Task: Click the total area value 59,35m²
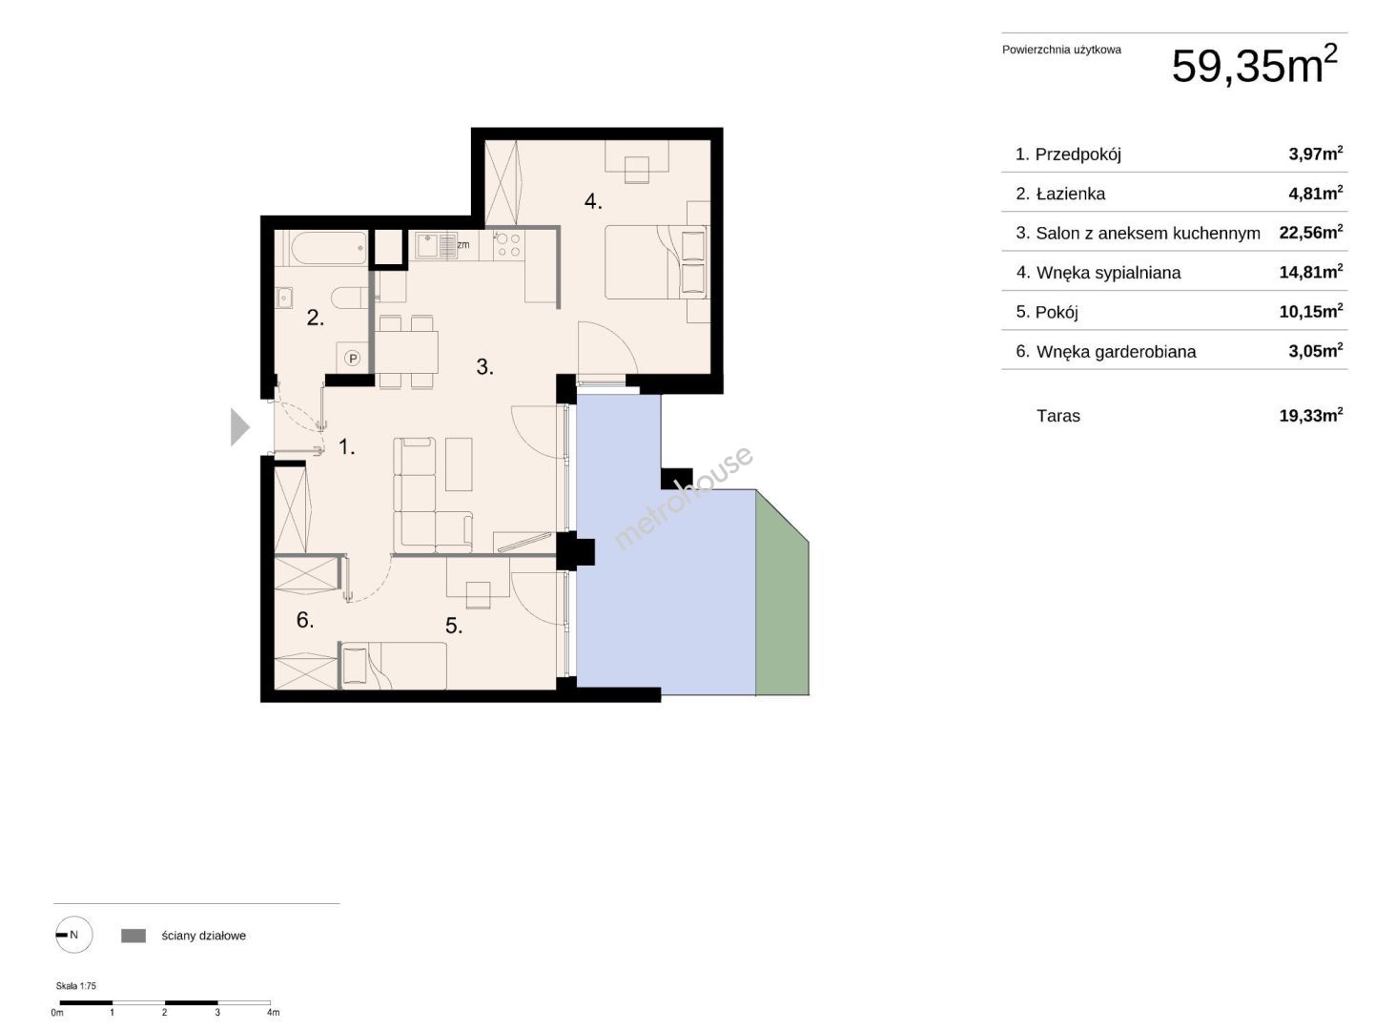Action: point(1254,65)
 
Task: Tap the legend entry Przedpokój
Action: point(1077,154)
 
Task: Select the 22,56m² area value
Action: point(1310,233)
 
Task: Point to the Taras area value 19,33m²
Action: point(1310,416)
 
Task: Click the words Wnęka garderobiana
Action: point(1116,352)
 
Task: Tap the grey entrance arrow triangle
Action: point(240,427)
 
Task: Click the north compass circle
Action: point(74,935)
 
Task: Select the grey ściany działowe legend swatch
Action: point(133,936)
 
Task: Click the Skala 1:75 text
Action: point(75,985)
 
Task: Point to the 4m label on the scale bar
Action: point(273,1012)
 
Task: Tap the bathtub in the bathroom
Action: point(329,248)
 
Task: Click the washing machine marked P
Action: point(353,358)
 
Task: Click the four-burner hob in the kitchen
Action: point(508,245)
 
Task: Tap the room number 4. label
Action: point(593,201)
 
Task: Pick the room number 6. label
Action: point(304,620)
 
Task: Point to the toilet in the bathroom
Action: point(350,299)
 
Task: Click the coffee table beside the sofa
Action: point(459,464)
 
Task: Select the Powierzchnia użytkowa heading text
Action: point(1061,51)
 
